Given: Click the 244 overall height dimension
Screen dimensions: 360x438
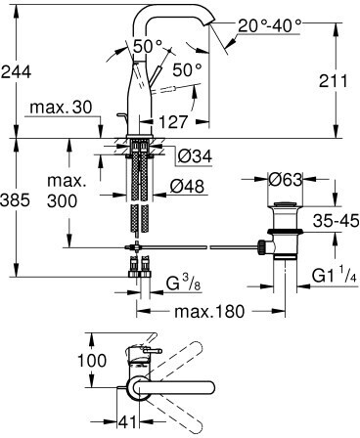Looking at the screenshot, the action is tap(16, 71).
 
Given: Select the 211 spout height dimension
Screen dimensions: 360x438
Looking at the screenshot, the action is tap(334, 81).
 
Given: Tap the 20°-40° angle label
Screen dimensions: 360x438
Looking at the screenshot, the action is tap(269, 25).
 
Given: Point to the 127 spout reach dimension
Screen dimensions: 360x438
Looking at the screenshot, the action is tap(173, 122).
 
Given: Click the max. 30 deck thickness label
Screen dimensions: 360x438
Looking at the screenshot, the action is tap(61, 107).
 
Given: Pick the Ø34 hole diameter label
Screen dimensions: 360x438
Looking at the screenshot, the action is tap(195, 156).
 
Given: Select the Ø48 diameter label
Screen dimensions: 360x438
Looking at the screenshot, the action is tap(187, 187).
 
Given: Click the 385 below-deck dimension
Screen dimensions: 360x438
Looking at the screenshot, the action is tap(15, 199).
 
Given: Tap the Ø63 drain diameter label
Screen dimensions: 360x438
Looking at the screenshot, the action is tap(285, 179).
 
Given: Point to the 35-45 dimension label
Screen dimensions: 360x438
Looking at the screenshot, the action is tap(336, 221).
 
